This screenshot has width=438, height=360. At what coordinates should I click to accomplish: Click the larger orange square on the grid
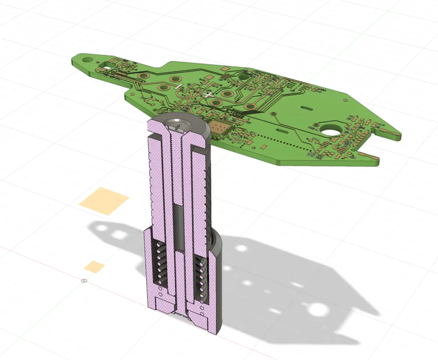(104, 201)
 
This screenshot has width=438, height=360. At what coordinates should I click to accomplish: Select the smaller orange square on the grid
(95, 266)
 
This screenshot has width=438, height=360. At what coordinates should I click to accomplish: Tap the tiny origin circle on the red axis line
(85, 280)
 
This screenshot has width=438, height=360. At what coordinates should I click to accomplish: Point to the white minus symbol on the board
(178, 86)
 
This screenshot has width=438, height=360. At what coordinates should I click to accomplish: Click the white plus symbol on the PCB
(208, 95)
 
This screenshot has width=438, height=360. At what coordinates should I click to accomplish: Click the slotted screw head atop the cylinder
(180, 127)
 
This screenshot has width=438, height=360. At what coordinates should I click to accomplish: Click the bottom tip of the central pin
(180, 314)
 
